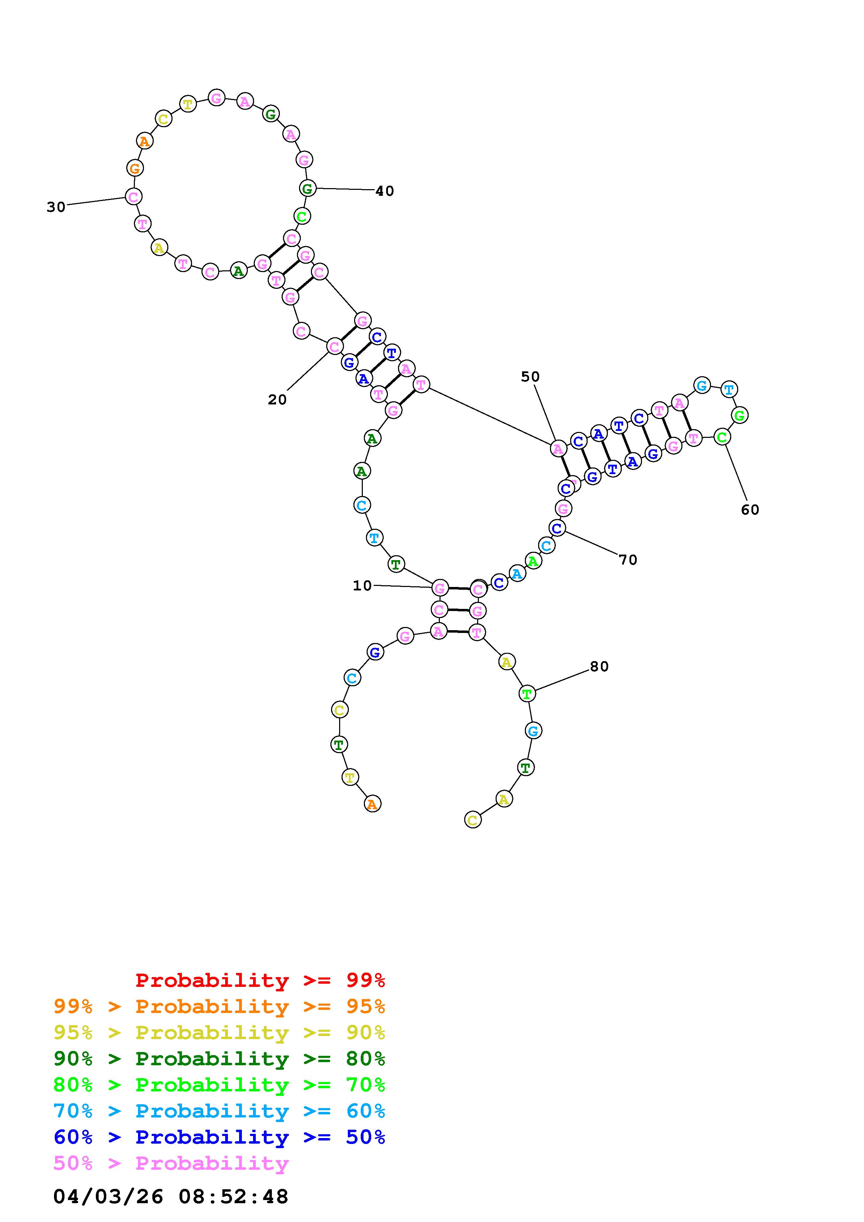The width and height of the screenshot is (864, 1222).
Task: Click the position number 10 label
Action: (362, 586)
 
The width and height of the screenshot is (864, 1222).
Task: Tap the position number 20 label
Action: (277, 400)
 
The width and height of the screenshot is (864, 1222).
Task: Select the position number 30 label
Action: (56, 207)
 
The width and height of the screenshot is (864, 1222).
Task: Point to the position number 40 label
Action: (385, 191)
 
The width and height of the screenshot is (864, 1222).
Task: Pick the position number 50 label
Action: (530, 377)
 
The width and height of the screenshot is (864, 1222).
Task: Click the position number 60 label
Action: (750, 510)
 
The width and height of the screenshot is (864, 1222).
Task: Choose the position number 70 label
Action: (628, 560)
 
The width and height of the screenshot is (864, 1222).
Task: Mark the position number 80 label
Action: (599, 666)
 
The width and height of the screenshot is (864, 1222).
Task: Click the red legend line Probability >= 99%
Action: (260, 980)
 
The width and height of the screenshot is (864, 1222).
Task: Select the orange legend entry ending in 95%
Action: (219, 1006)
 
